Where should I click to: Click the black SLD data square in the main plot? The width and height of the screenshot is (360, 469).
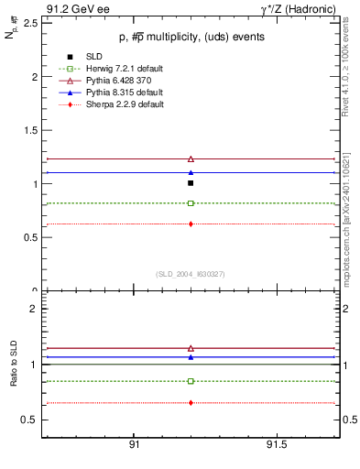[191, 183]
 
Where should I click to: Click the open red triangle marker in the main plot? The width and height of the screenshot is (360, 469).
[191, 159]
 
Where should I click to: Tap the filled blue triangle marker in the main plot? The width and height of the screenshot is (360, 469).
[191, 172]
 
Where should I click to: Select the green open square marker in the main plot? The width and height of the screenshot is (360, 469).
[191, 203]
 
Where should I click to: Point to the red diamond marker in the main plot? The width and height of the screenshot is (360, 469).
[191, 224]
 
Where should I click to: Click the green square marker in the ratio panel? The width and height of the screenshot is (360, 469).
[191, 381]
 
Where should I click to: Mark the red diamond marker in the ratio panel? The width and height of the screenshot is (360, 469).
[191, 403]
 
